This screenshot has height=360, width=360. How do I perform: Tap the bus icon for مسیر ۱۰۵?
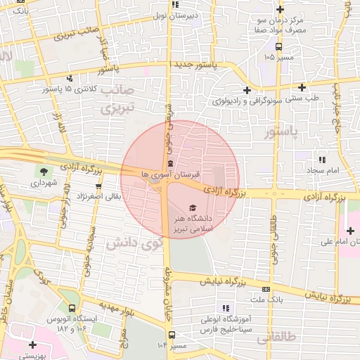point(279,47)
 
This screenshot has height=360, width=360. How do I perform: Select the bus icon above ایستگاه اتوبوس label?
point(72,307)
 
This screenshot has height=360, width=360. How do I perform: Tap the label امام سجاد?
point(323,171)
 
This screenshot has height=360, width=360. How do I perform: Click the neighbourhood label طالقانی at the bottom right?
point(274,338)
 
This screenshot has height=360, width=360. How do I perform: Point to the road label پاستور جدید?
point(205,64)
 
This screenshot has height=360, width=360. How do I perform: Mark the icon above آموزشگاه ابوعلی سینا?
point(226,308)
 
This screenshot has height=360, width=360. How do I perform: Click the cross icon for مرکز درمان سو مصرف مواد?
point(281,10)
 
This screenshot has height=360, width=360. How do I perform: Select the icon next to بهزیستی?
point(32,345)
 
